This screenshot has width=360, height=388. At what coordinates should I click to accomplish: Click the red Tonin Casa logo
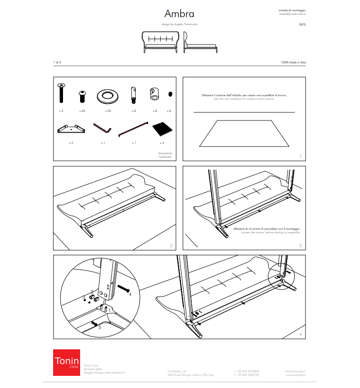(67, 362)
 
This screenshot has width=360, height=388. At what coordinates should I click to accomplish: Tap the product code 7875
(302, 26)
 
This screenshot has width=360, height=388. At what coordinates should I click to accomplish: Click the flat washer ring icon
(108, 96)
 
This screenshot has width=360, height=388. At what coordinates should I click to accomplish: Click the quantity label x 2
(61, 110)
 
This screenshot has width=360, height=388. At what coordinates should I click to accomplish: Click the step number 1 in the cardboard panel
(300, 156)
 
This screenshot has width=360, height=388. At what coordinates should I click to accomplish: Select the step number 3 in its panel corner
(300, 245)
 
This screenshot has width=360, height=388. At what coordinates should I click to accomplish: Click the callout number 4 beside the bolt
(130, 295)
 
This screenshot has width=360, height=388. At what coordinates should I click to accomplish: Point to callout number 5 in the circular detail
(100, 328)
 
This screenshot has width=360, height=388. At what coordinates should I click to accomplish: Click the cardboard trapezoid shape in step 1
(244, 133)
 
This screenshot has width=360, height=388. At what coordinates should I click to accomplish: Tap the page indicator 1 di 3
(57, 62)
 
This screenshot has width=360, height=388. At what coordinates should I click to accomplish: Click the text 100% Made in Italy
(293, 62)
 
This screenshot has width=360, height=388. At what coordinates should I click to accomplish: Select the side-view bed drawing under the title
(201, 43)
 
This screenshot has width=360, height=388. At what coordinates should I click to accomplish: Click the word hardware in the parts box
(165, 157)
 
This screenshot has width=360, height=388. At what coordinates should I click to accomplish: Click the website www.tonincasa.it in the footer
(295, 374)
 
